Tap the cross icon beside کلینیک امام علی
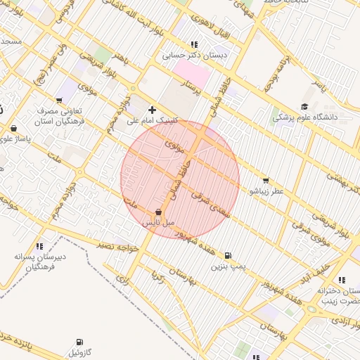click(152, 110)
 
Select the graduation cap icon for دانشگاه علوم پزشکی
click(304, 107)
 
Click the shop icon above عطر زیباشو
click(265, 181)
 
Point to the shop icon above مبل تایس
click(158, 212)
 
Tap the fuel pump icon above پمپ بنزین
click(227, 256)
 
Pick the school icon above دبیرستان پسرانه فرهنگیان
click(40, 246)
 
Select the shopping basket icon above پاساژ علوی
click(14, 128)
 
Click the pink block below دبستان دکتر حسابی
click(192, 74)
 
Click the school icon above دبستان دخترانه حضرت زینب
click(342, 279)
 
